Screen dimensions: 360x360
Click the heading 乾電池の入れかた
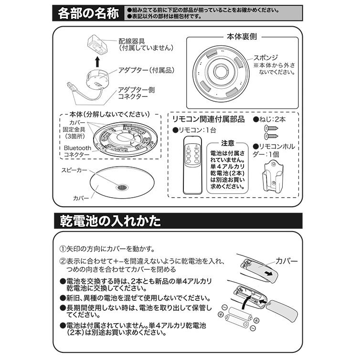pyautogui.click(x=110, y=222)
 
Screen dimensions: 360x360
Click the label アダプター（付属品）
pyautogui.click(x=142, y=70)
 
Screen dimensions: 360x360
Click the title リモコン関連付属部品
pyautogui.click(x=208, y=118)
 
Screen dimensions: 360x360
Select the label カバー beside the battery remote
pyautogui.click(x=286, y=261)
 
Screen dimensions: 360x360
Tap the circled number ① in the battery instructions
pyautogui.click(x=63, y=249)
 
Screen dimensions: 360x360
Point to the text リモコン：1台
pyautogui.click(x=194, y=130)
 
